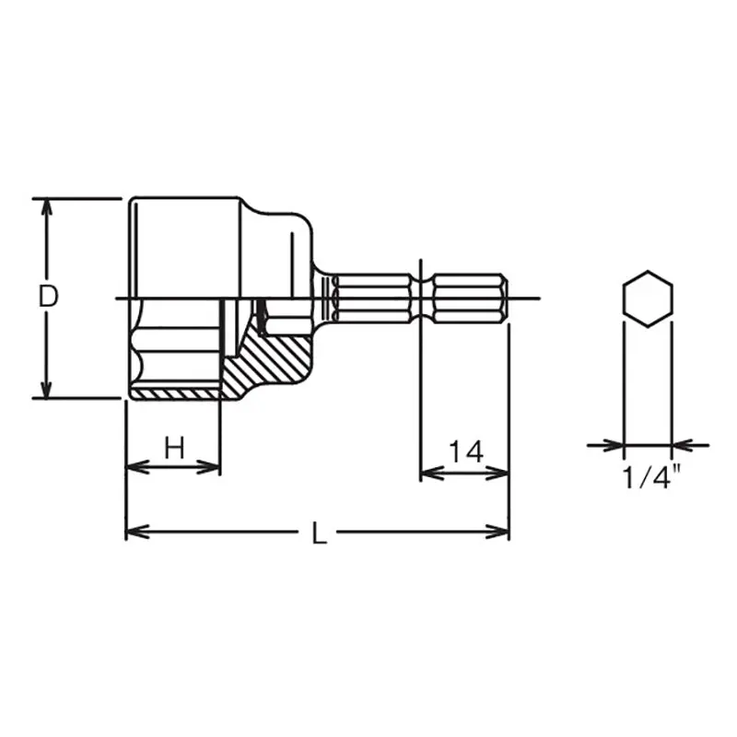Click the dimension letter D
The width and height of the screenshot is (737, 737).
click(x=48, y=297)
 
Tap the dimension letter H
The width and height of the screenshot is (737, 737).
click(x=174, y=448)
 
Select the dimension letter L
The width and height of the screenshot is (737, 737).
click(x=320, y=533)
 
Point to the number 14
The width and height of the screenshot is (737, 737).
click(x=466, y=451)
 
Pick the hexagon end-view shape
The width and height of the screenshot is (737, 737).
click(x=648, y=298)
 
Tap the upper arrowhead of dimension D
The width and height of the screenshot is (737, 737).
click(x=46, y=210)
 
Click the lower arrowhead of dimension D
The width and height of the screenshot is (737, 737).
click(x=46, y=387)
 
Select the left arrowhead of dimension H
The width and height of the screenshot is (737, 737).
click(x=137, y=467)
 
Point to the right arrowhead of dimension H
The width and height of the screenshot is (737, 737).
click(x=208, y=467)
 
